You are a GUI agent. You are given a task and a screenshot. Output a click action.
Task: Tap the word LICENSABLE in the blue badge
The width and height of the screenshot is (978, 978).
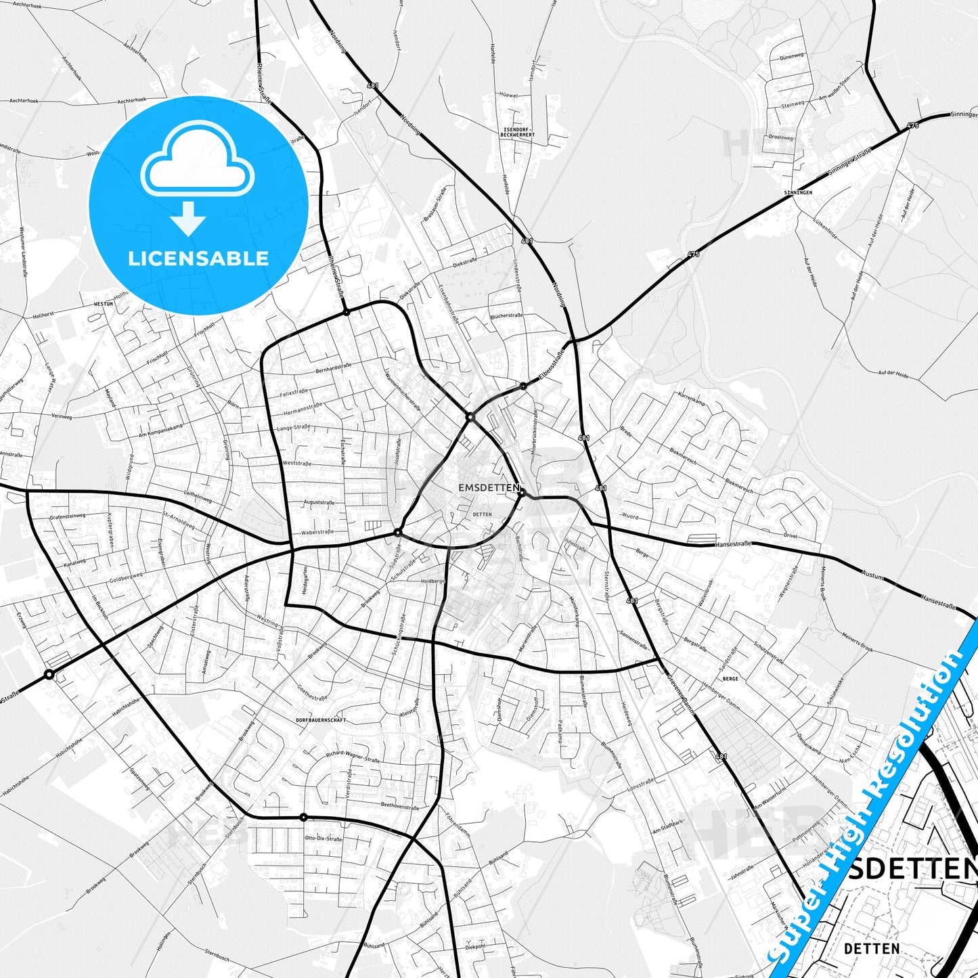pos(198,258)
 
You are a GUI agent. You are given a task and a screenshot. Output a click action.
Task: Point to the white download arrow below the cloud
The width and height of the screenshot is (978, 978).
pos(188,219)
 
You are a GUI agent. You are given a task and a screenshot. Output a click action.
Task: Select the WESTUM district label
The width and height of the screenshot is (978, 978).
pos(103,305)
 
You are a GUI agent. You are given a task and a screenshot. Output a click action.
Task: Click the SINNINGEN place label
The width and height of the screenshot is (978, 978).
pos(798,193)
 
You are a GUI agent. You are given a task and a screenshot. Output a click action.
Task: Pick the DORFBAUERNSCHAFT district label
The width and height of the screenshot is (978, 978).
pos(321,719)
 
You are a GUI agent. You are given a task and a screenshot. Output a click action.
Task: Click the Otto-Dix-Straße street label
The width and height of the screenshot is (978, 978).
pos(325,839)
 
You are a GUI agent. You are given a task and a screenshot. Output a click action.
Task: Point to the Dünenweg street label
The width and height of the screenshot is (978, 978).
pos(792,57)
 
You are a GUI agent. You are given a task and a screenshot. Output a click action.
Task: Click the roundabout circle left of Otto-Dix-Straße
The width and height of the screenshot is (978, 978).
pos(303,817)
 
